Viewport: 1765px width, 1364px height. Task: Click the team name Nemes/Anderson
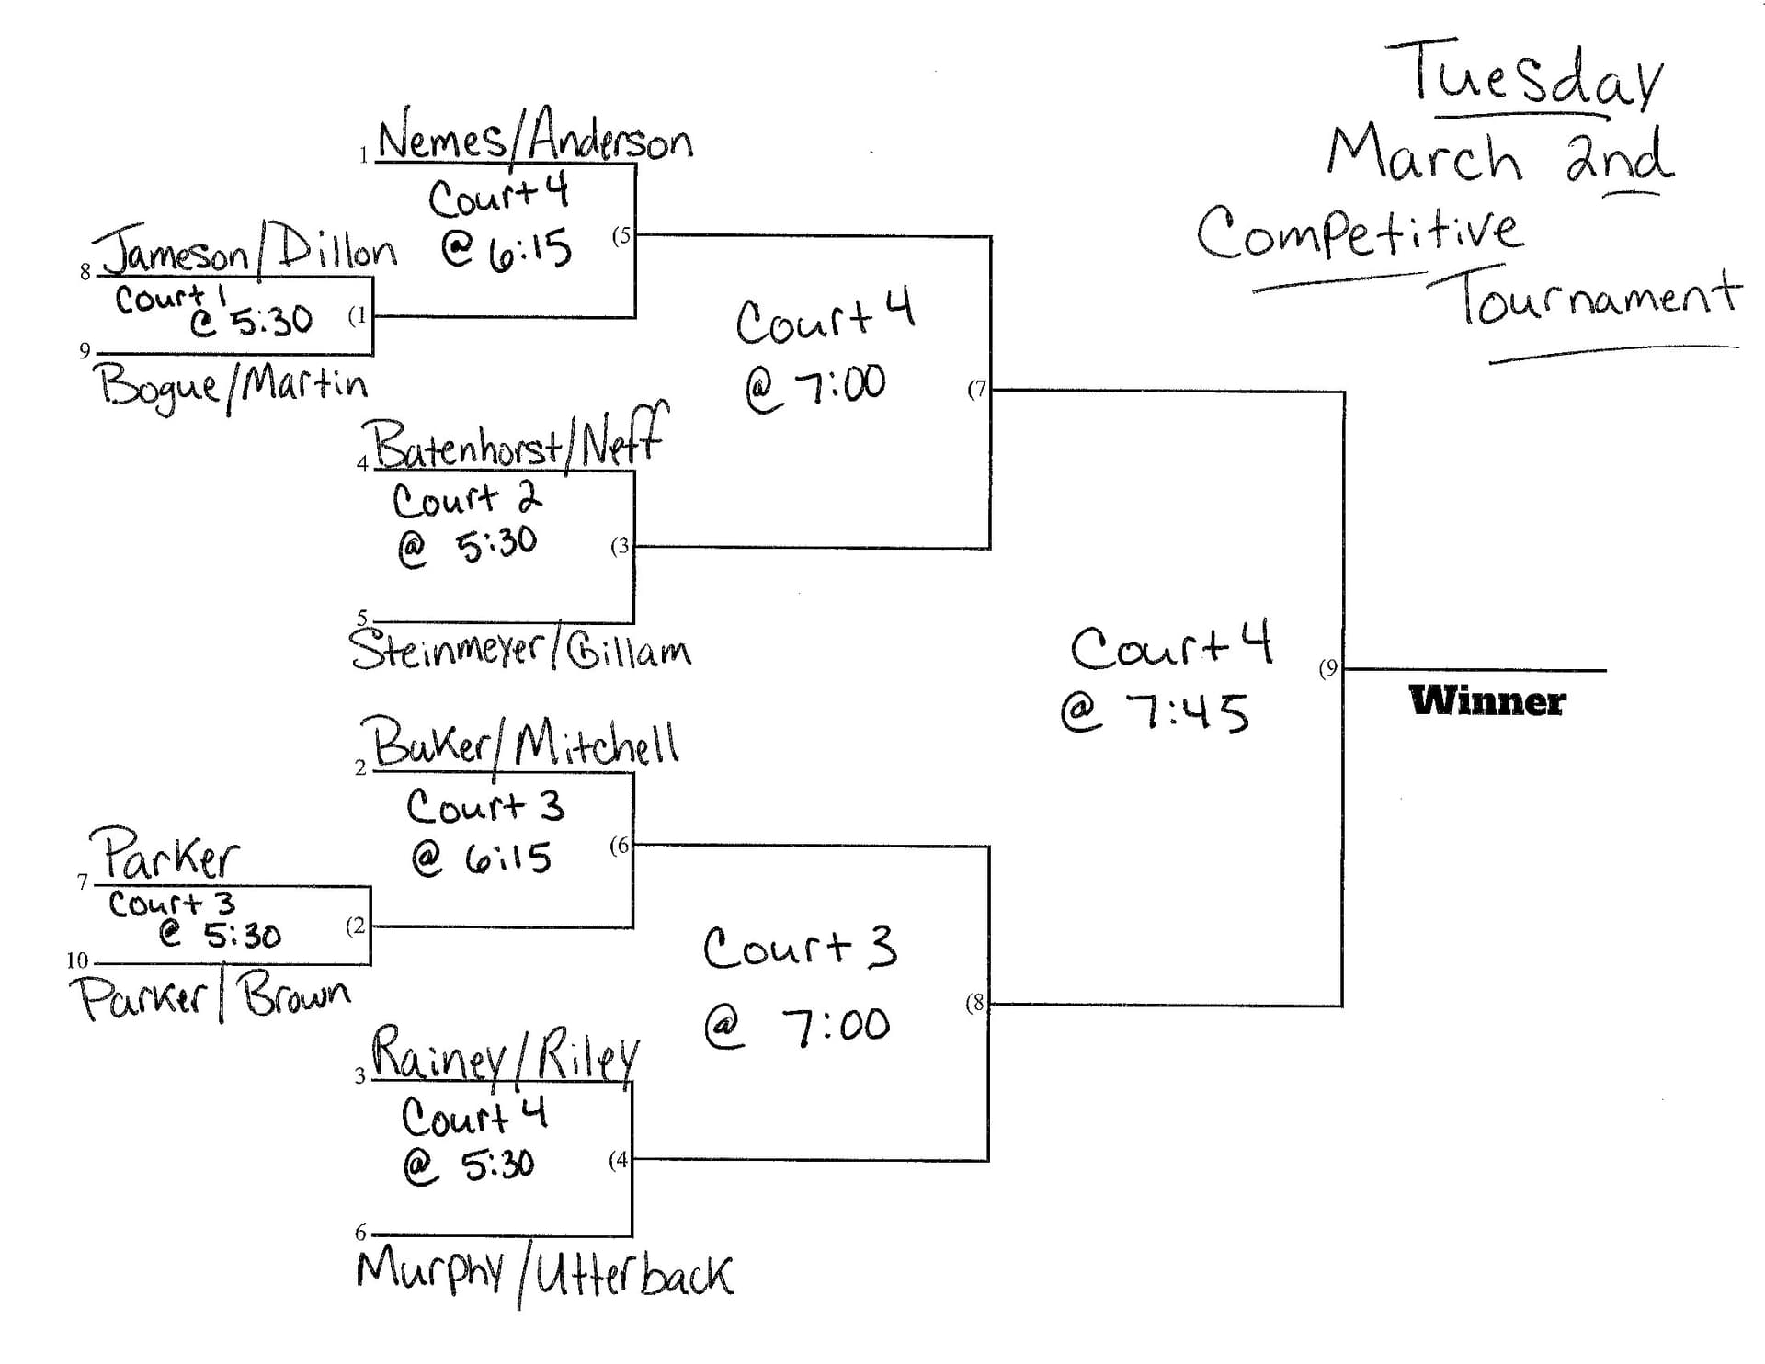tap(535, 138)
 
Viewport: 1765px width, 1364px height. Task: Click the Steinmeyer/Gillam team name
tap(520, 649)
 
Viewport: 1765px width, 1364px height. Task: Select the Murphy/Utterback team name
tap(544, 1274)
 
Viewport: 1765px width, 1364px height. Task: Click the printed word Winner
tap(1486, 701)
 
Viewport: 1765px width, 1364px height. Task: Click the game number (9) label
tap(1328, 668)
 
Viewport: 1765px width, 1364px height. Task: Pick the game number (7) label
tap(976, 389)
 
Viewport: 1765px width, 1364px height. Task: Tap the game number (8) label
tap(975, 1003)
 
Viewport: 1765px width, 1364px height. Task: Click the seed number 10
tap(77, 960)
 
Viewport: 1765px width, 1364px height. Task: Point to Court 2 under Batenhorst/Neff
tap(467, 499)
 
